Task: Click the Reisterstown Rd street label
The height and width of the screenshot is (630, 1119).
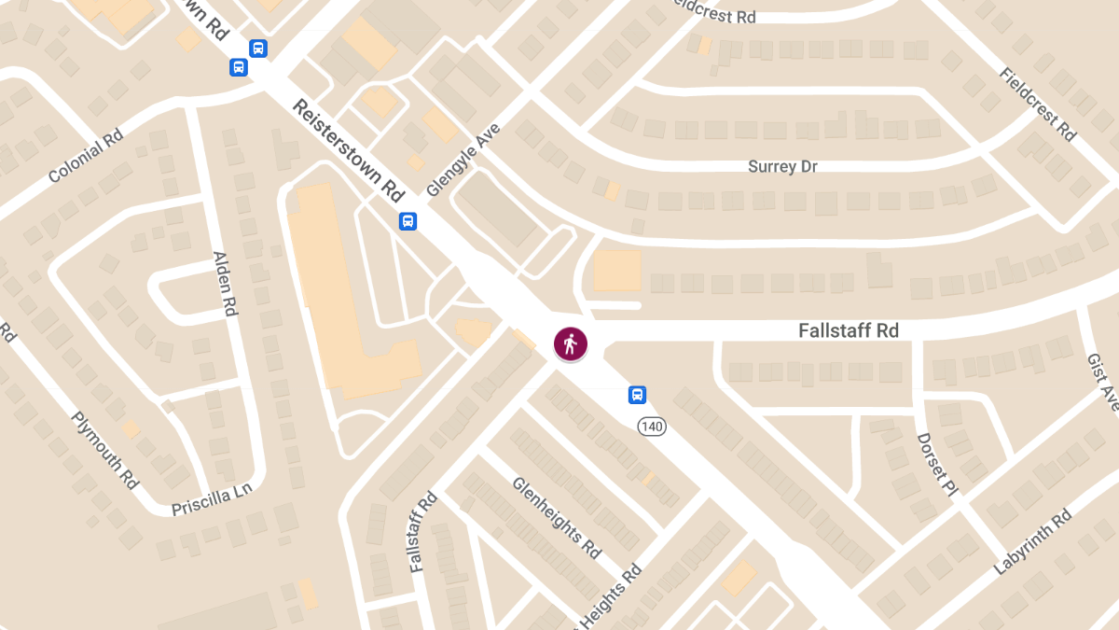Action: [347, 150]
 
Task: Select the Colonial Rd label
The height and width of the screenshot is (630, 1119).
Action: [86, 155]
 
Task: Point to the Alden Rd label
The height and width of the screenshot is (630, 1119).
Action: [225, 284]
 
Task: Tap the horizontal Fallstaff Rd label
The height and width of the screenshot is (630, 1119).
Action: [848, 330]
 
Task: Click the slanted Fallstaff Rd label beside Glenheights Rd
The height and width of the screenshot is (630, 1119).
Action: [422, 531]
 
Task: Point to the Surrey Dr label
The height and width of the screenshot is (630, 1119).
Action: [782, 166]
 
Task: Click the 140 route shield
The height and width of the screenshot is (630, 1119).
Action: [653, 427]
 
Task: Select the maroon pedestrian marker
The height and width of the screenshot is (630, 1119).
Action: [571, 343]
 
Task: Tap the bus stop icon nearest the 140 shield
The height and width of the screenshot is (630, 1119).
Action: [637, 395]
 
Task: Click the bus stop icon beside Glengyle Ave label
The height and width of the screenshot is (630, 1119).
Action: [408, 221]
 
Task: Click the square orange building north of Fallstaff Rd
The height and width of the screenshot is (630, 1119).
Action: [617, 270]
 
